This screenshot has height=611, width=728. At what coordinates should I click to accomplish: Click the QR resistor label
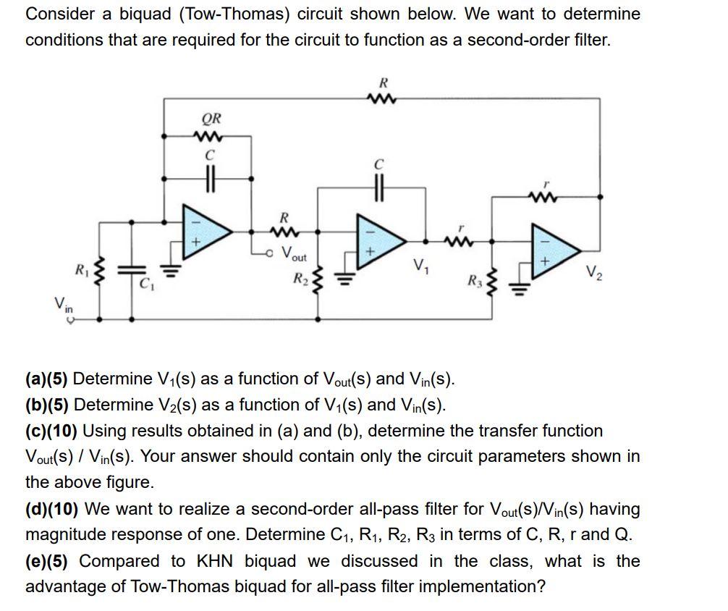[211, 118]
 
